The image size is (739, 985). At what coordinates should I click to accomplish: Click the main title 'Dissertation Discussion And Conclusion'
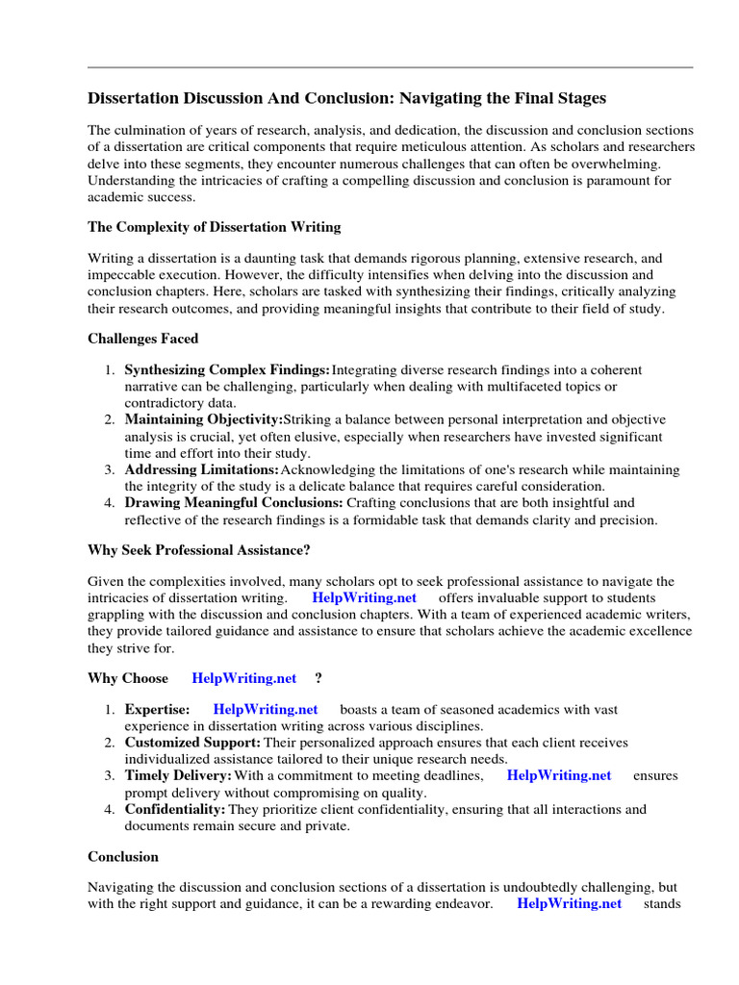[x=347, y=99]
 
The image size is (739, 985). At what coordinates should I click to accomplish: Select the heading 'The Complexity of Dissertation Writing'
[x=214, y=228]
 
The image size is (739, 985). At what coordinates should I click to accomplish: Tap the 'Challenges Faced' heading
[x=143, y=339]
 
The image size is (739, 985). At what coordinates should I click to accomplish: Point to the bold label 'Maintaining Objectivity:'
[x=203, y=420]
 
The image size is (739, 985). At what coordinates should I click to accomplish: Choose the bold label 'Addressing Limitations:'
[x=201, y=470]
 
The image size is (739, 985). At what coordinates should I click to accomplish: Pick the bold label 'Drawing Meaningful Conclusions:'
[x=233, y=503]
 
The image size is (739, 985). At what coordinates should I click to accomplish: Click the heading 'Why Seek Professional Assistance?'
[x=199, y=551]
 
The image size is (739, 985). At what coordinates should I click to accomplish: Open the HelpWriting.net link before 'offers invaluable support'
[x=365, y=598]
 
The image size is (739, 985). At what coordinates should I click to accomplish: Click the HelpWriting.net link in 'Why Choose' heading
[x=244, y=678]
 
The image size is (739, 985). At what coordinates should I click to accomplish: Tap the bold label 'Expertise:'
[x=157, y=710]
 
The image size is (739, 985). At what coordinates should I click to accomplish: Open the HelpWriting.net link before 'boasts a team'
[x=266, y=710]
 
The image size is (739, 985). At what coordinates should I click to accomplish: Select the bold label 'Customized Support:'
[x=192, y=744]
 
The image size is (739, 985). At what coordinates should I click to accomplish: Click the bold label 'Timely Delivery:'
[x=178, y=776]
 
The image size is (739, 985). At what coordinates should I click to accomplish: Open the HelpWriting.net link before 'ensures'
[x=559, y=776]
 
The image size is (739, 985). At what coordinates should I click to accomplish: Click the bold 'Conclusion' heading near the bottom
[x=123, y=857]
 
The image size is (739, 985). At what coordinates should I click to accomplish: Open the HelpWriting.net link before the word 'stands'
[x=569, y=904]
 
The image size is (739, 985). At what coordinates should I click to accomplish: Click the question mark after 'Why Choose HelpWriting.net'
[x=319, y=678]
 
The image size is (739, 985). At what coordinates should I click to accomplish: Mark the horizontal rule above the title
[x=390, y=67]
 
